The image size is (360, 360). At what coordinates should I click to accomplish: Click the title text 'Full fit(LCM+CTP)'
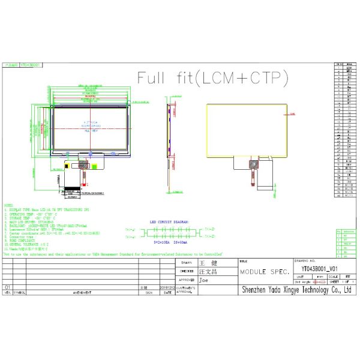(x=213, y=78)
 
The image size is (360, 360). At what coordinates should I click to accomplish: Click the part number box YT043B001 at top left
(x=29, y=62)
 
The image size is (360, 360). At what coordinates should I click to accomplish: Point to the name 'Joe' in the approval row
(x=204, y=280)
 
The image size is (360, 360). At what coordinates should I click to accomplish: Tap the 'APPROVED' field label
(x=185, y=280)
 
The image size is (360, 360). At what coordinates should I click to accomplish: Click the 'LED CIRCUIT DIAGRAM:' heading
(x=170, y=221)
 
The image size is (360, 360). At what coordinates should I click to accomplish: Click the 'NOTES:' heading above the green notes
(x=10, y=205)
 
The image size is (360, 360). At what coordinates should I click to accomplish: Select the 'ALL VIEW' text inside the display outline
(x=90, y=130)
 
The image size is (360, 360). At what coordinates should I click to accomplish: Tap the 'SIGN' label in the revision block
(x=143, y=293)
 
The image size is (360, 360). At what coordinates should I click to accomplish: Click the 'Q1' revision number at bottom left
(x=8, y=288)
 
